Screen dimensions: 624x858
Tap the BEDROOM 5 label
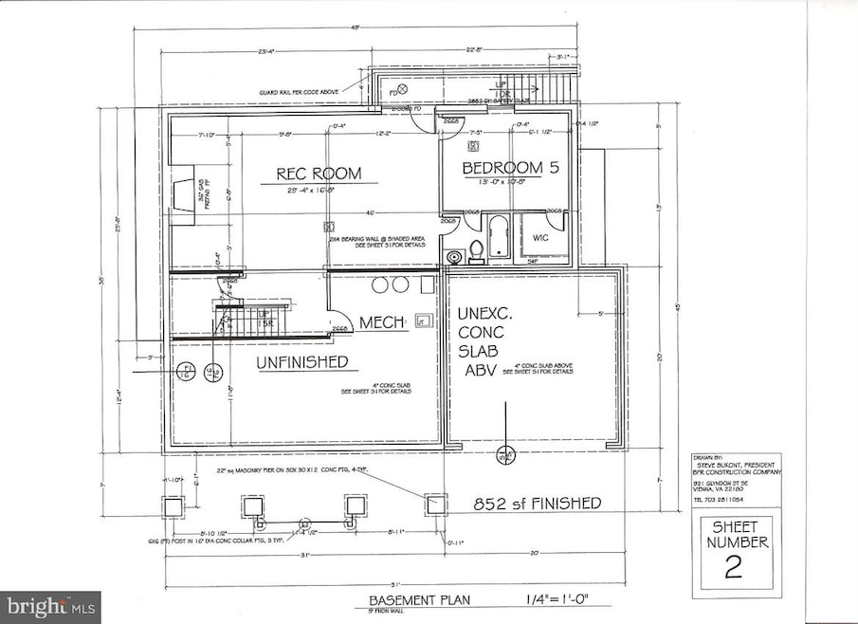pos(503,168)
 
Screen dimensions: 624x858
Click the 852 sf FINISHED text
pos(539,504)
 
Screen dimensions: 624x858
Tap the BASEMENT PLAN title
pos(420,601)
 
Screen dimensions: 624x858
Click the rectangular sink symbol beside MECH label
pos(421,322)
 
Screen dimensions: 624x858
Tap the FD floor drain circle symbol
pos(401,89)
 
